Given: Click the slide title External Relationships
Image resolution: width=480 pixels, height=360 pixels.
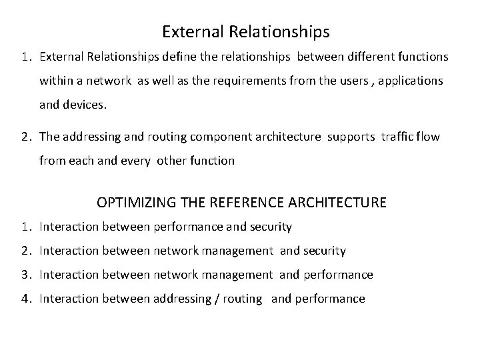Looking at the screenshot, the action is click(245, 31).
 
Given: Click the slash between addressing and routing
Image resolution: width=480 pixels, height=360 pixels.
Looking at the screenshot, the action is click(216, 299).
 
